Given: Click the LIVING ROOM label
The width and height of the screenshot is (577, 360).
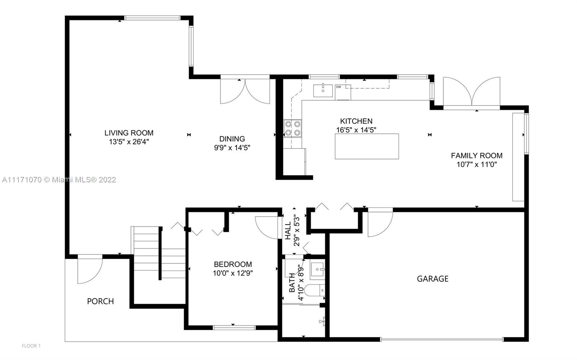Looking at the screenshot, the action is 129,133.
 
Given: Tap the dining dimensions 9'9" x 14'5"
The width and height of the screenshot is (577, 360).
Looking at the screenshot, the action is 232,148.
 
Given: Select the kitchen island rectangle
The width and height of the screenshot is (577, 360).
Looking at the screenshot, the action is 367,146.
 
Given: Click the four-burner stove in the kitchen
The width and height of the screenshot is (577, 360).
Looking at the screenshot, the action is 292,128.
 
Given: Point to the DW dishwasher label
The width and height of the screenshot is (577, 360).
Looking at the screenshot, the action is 339,87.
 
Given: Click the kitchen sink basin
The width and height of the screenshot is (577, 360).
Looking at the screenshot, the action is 323,90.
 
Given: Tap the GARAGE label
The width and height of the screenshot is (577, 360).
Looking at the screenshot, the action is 433,279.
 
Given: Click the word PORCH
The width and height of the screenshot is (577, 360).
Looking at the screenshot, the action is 101,301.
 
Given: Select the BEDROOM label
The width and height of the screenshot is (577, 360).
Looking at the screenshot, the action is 233,264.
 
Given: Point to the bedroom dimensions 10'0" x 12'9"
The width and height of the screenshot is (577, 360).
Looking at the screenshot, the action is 233,273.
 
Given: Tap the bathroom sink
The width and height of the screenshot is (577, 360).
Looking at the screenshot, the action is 317,270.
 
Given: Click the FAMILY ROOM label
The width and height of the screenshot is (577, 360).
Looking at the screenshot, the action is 476,156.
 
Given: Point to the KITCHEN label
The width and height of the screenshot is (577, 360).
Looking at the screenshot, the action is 356,121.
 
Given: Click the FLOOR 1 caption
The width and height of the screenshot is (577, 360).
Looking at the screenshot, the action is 31,346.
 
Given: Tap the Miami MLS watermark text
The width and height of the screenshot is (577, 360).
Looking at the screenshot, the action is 59,179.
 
